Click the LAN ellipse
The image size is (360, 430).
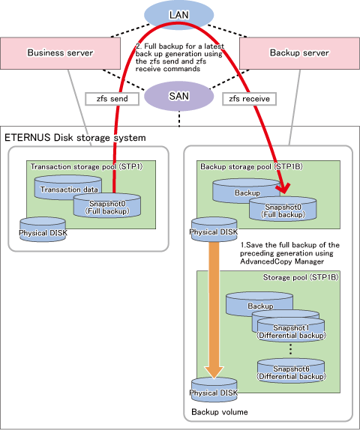pos(178,14)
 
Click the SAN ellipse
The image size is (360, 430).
pos(178,96)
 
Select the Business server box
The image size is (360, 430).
pos(60,53)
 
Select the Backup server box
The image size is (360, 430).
pos(299,53)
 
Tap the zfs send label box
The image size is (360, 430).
pos(112,99)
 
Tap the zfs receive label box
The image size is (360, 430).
pos(249,99)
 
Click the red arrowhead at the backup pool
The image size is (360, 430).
pos(283,189)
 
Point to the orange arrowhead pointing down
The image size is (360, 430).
pos(214,373)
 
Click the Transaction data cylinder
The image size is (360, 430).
pos(67,187)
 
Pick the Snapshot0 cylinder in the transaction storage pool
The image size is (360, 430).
pos(107,205)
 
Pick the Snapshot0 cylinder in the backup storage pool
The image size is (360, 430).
pos(283,209)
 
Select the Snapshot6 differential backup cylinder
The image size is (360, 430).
pos(291,371)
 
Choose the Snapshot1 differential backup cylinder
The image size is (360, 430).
pos(291,330)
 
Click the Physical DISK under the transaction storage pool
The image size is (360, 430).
pos(43,230)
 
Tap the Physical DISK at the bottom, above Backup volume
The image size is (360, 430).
pos(214,390)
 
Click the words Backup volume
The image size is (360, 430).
pos(220,412)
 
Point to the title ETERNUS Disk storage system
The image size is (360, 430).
pos(75,138)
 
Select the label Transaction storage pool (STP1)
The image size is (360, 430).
pos(86,167)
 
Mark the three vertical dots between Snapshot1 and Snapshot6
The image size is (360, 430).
pos(291,349)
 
